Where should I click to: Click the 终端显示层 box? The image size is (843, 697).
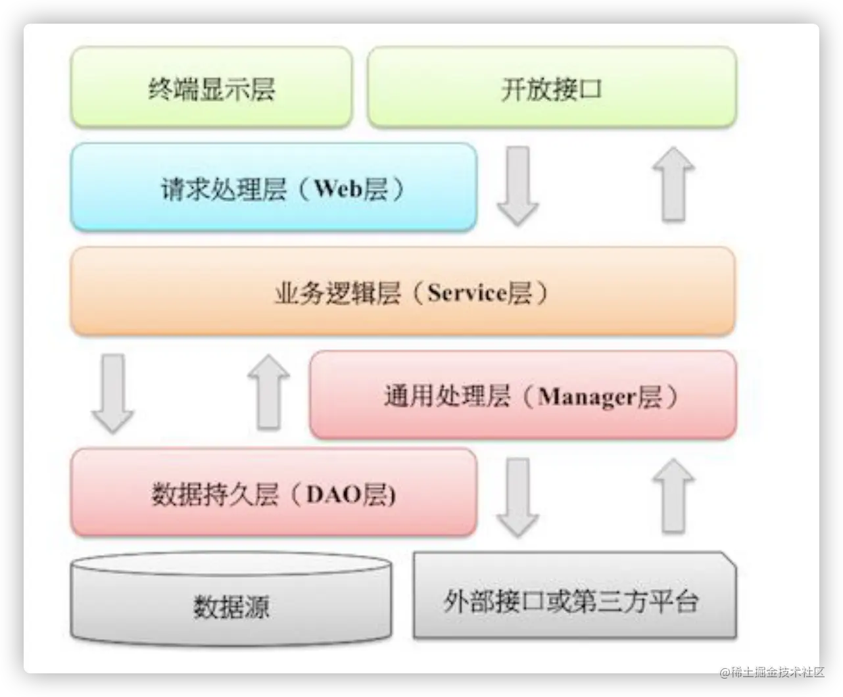(211, 87)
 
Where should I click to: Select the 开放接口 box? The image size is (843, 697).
(551, 87)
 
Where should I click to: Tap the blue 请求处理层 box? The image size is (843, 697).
(273, 188)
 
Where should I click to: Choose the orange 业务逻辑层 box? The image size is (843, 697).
(402, 292)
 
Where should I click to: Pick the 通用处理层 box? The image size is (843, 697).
(523, 395)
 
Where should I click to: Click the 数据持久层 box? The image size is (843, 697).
(273, 493)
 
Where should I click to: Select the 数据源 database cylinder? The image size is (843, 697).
(231, 602)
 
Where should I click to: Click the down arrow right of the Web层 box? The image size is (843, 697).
(518, 186)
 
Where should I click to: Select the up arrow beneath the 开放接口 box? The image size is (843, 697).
(673, 183)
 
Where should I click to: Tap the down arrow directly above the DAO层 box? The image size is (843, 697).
(112, 393)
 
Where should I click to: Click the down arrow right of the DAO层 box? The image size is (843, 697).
(518, 497)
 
